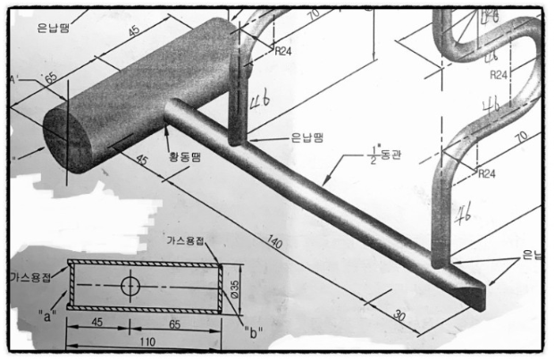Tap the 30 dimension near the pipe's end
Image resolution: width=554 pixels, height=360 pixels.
click(x=400, y=315)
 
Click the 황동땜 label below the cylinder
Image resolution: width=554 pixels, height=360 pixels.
click(x=185, y=158)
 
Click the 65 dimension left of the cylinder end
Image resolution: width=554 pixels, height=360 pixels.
click(x=49, y=79)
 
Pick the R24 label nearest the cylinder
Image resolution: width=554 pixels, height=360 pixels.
click(x=282, y=51)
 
